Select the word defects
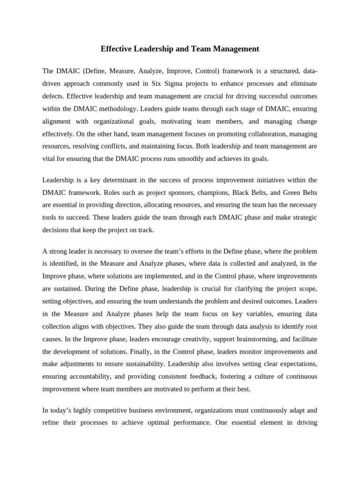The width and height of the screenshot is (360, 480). [x=53, y=96]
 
